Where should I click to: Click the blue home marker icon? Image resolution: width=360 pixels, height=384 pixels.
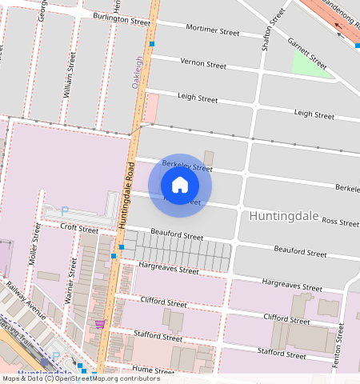click(x=180, y=185)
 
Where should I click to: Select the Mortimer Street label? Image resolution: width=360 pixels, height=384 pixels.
click(x=212, y=32)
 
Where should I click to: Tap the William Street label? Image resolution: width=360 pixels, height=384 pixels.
click(x=69, y=75)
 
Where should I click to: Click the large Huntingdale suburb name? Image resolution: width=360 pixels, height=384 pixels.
click(x=284, y=216)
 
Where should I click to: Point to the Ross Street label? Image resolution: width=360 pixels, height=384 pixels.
click(x=340, y=222)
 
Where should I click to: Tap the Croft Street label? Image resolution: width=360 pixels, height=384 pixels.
click(x=79, y=229)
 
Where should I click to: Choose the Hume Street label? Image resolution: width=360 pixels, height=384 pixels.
click(x=154, y=371)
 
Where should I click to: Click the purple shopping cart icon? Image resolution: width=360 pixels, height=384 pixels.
click(x=99, y=324)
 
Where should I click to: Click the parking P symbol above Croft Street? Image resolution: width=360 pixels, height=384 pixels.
click(x=65, y=211)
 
